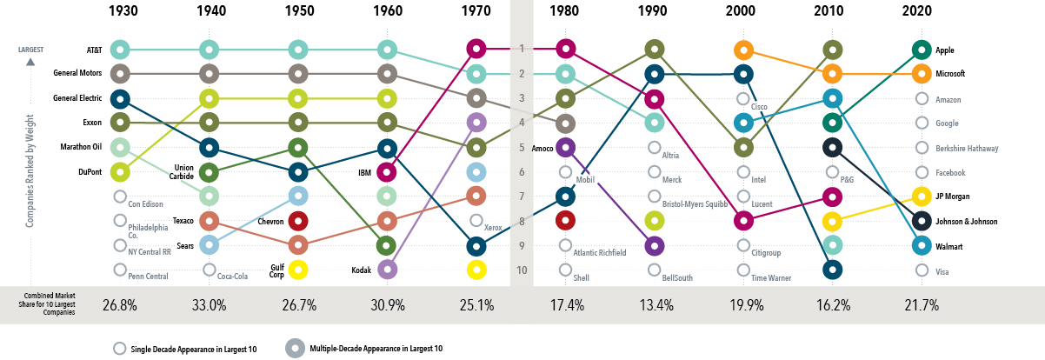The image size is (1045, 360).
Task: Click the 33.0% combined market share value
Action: click(209, 306)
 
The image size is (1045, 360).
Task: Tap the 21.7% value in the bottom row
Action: click(922, 306)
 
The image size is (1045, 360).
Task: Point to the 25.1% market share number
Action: click(476, 306)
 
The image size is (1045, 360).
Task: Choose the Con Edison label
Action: click(147, 204)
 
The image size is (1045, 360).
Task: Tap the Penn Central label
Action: click(147, 277)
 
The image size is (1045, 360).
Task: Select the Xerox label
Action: click(495, 227)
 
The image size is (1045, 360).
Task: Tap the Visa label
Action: click(941, 271)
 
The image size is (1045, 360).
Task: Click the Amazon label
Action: click(948, 99)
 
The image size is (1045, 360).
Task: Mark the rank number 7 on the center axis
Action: click(521, 197)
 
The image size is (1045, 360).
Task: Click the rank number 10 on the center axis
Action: click(521, 270)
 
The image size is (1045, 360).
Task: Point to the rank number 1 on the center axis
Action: click(521, 49)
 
